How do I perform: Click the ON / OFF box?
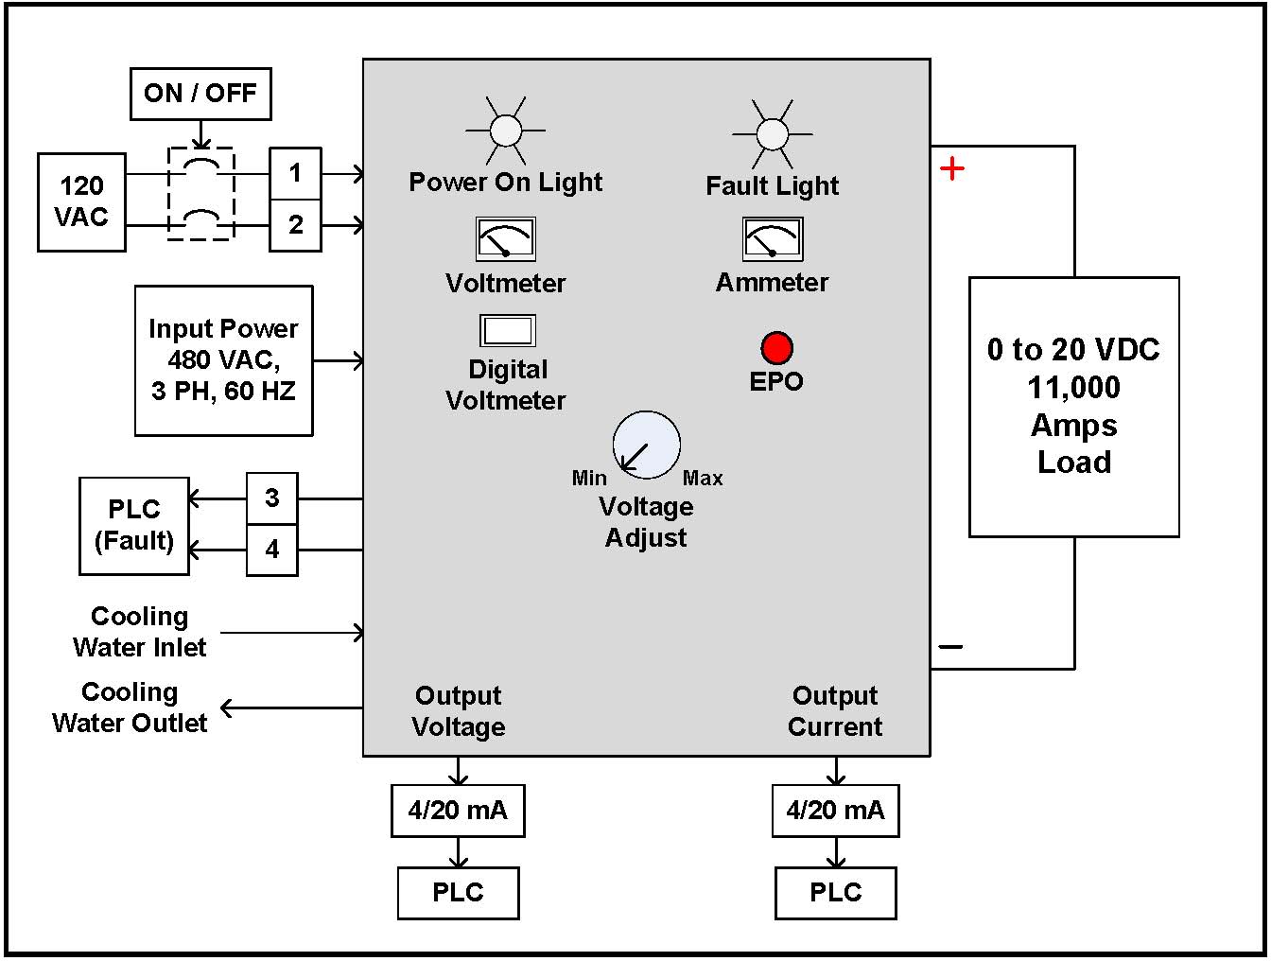[x=200, y=94]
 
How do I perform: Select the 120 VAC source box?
[x=81, y=201]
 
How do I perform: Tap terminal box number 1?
[x=295, y=173]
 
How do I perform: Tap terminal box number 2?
[x=295, y=225]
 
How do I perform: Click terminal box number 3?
[x=272, y=498]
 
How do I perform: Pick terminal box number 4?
[x=272, y=550]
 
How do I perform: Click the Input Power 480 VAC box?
[x=223, y=360]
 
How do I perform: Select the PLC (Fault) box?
[x=134, y=526]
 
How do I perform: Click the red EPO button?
[x=776, y=348]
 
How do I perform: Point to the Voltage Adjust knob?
[x=647, y=445]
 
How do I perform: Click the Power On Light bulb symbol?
[x=506, y=131]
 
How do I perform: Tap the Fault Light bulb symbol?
[x=773, y=134]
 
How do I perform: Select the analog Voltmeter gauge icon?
[x=505, y=239]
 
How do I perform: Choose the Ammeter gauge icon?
[x=773, y=239]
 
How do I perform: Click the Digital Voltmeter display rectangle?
[x=508, y=330]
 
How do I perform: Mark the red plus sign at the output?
[x=952, y=169]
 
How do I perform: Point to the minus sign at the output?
[x=950, y=647]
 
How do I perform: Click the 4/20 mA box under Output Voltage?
[x=458, y=811]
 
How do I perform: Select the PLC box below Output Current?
[x=836, y=893]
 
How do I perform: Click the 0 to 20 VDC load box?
[x=1073, y=407]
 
